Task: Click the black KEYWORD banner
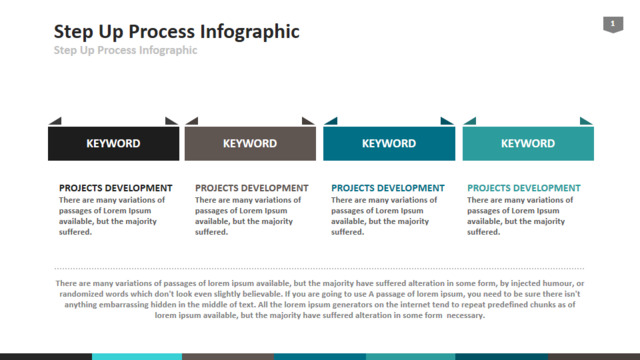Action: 113,143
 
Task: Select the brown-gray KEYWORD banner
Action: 250,143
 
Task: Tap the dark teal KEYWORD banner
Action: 389,143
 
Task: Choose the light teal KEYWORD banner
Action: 528,143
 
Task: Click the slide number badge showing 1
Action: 613,24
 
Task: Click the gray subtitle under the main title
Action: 125,50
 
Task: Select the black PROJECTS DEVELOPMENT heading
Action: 116,188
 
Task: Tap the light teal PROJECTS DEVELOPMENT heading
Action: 524,188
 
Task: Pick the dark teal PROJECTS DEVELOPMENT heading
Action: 388,188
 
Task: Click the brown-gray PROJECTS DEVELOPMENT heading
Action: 251,188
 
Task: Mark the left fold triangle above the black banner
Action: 56,122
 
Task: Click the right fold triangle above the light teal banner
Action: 585,122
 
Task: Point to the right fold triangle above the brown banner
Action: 307,122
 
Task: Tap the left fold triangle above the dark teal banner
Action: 332,122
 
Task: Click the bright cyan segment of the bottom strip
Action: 137,357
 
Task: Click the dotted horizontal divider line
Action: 319,269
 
